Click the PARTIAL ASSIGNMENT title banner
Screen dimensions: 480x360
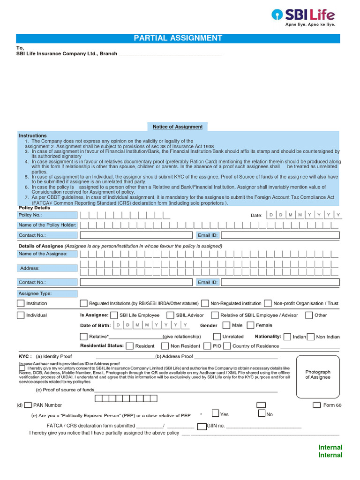(178, 38)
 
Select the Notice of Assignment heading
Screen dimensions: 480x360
(178, 127)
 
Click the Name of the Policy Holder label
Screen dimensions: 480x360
(47, 225)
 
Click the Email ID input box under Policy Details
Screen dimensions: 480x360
(280, 235)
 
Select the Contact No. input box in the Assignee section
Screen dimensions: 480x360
(136, 282)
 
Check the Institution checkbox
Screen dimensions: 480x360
(21, 303)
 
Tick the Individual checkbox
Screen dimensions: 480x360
(21, 315)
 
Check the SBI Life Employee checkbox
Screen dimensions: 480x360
(114, 315)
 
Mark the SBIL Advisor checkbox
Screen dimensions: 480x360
(171, 315)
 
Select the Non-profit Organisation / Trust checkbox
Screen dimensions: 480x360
(268, 303)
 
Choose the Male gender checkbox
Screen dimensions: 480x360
(226, 325)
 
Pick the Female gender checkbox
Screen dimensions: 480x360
(250, 325)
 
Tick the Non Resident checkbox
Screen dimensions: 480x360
(165, 346)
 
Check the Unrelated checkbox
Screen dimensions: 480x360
(217, 336)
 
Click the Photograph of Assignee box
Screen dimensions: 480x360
(318, 375)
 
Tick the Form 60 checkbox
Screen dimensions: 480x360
(316, 405)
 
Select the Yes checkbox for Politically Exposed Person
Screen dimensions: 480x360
(215, 413)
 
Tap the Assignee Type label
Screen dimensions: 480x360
(47, 293)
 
